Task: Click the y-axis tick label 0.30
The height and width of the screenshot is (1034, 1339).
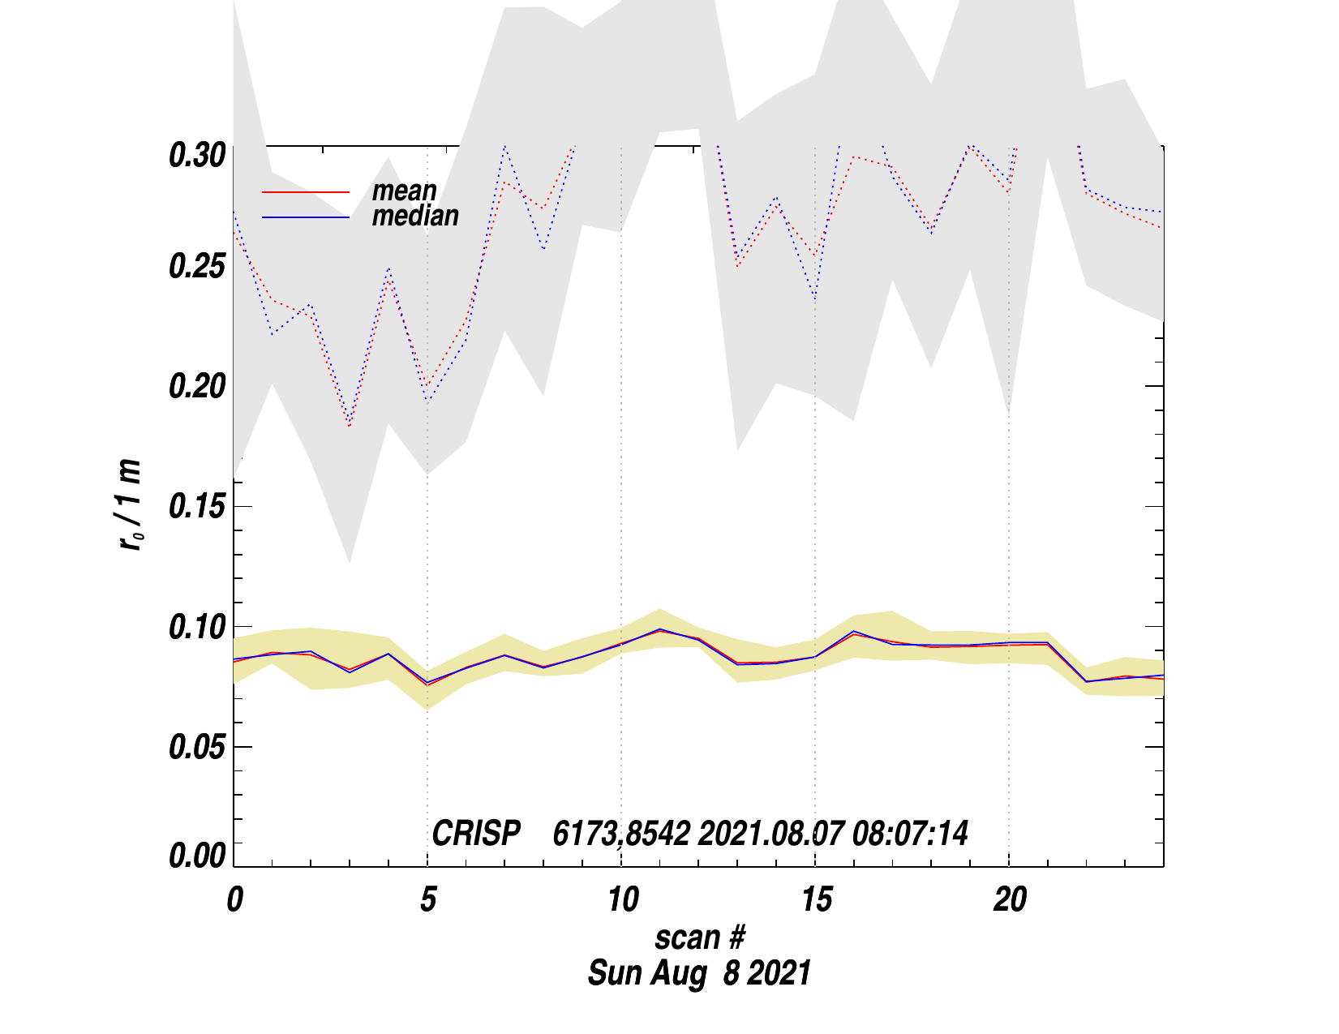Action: [196, 155]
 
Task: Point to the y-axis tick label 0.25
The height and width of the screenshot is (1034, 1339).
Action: [196, 267]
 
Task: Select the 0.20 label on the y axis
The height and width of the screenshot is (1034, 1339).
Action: [196, 387]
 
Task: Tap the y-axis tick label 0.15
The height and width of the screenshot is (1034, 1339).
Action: [196, 507]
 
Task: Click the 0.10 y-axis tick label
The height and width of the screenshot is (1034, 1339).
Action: [196, 627]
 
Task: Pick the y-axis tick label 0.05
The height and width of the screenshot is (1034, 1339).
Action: [196, 747]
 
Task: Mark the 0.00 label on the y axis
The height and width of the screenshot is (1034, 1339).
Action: [196, 856]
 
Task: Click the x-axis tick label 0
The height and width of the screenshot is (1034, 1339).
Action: [234, 899]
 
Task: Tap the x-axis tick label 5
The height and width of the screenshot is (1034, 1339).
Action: [428, 899]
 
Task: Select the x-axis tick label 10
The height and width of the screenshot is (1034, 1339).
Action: [622, 899]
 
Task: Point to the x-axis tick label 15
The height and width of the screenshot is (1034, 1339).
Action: [816, 899]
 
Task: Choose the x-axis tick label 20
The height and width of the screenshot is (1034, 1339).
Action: [1010, 899]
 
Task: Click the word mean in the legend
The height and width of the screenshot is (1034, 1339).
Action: [404, 191]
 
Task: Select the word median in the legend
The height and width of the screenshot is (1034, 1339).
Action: [415, 216]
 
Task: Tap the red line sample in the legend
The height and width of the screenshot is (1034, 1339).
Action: [305, 192]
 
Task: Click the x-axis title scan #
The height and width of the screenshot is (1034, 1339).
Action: [699, 937]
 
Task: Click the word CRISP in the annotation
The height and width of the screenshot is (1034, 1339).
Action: [476, 834]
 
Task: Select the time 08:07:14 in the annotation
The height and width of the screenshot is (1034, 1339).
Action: [910, 834]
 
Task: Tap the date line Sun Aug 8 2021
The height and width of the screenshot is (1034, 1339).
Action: [699, 972]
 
